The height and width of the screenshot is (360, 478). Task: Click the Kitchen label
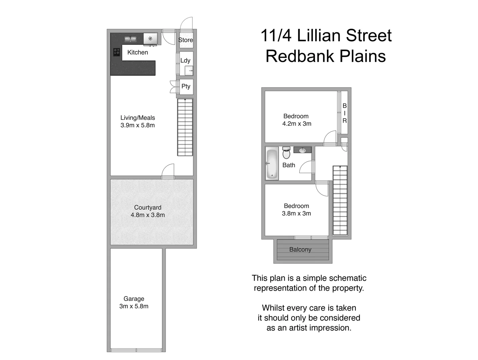click(137, 52)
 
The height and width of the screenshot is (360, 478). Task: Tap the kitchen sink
click(130, 39)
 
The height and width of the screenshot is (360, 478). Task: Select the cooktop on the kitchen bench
click(117, 52)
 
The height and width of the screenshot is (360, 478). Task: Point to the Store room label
click(186, 40)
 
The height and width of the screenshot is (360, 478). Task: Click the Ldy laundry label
click(185, 60)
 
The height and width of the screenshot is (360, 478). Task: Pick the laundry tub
click(189, 71)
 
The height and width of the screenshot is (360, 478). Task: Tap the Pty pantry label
click(186, 86)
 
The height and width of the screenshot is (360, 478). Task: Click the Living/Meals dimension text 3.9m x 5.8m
click(138, 125)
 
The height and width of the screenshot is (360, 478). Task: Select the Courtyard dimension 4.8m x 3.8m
click(148, 215)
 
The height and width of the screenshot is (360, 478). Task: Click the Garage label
click(134, 299)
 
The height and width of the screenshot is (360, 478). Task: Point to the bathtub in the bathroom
click(272, 163)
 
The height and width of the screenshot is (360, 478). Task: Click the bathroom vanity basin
click(302, 150)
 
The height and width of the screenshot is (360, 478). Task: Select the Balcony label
click(300, 249)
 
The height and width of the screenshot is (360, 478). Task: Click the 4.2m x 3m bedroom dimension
click(297, 124)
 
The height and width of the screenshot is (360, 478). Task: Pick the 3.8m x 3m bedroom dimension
click(296, 213)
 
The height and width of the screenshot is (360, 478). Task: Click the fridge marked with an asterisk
click(150, 39)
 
